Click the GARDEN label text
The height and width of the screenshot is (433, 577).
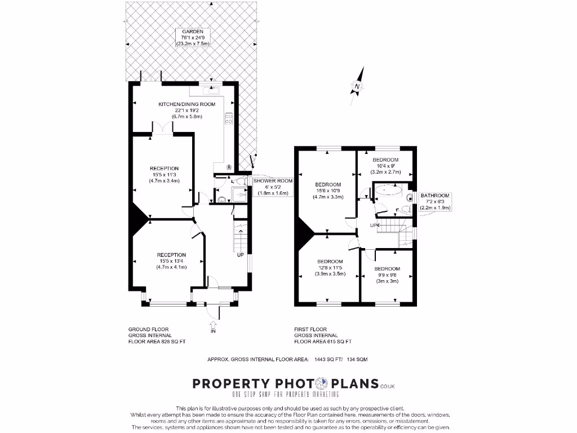[185, 32]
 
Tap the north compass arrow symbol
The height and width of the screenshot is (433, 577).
[357, 86]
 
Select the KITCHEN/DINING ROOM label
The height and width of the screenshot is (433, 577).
[180, 104]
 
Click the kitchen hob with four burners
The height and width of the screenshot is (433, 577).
[229, 118]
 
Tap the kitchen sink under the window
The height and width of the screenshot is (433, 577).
[215, 89]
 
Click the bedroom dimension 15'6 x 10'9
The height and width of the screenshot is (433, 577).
[327, 191]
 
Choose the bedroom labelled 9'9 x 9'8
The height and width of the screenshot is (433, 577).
[387, 275]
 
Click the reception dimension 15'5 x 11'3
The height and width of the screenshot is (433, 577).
[164, 175]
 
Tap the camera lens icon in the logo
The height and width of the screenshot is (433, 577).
[321, 384]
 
